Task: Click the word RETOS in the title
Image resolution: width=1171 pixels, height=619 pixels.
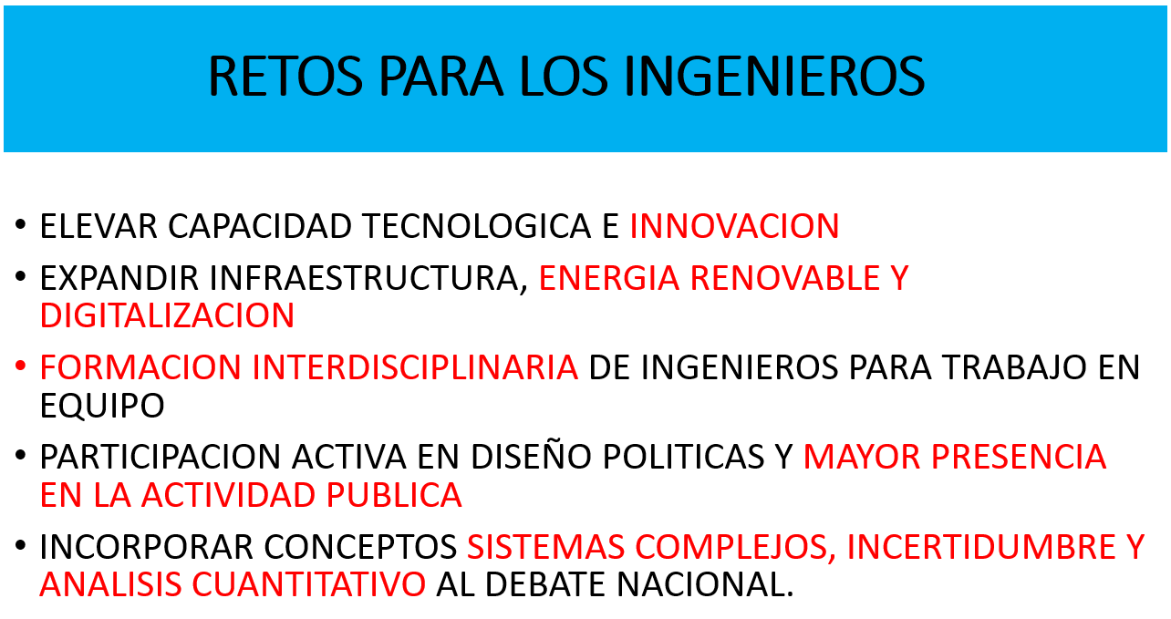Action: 285,77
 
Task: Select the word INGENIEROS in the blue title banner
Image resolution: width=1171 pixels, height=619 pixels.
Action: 775,77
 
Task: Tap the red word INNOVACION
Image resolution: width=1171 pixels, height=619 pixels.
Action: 734,226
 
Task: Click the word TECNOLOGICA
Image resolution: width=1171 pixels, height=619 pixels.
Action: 477,226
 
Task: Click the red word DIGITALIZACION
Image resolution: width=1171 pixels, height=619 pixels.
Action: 167,316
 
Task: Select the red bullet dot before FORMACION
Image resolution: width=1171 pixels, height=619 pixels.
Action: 20,366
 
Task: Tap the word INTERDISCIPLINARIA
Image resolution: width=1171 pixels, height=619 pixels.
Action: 415,367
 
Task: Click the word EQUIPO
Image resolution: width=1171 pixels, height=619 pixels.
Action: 102,406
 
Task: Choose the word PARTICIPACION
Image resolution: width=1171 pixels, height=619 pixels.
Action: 161,457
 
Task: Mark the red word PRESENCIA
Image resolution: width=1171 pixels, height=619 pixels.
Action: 1019,457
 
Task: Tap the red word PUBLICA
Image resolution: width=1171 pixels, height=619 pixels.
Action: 394,495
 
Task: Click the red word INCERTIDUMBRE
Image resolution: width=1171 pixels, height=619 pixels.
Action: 981,547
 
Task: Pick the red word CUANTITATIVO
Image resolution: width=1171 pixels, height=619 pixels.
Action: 309,584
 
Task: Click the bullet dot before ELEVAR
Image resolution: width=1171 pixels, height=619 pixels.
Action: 20,224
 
